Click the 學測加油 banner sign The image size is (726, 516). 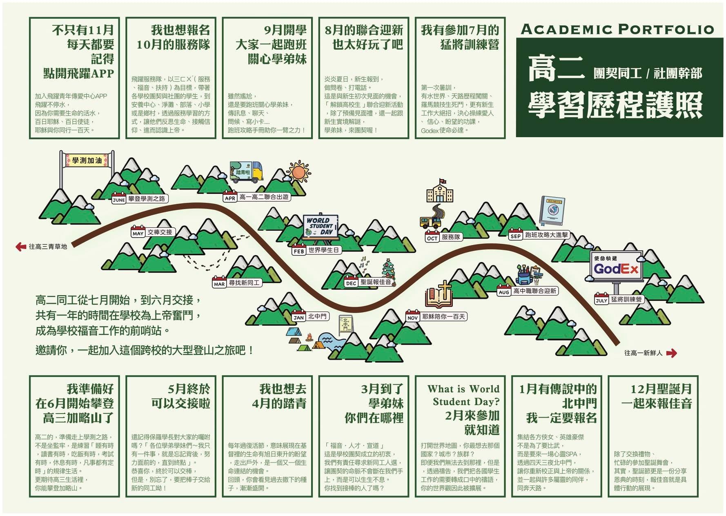[87, 160]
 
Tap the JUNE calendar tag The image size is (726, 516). [119, 199]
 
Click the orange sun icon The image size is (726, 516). [299, 172]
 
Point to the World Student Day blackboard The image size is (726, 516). [321, 227]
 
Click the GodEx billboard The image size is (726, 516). [617, 266]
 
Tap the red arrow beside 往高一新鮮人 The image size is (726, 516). [671, 353]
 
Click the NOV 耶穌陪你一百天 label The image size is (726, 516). [436, 317]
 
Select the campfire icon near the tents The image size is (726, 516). [309, 338]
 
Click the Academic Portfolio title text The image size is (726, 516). [617, 29]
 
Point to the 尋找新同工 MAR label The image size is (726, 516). [236, 283]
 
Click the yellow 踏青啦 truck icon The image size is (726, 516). [247, 172]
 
